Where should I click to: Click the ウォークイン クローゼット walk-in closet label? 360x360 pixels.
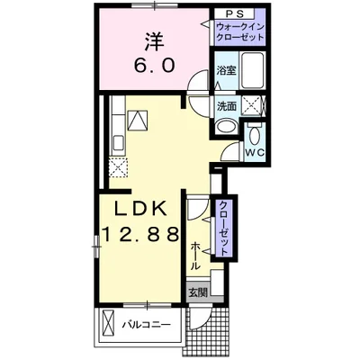click(239, 34)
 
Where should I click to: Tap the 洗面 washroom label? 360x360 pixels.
click(226, 105)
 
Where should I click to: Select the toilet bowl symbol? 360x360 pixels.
click(255, 136)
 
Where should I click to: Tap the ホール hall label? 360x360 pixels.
click(195, 256)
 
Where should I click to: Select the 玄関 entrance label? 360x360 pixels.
click(197, 292)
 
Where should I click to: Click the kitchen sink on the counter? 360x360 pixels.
click(138, 120)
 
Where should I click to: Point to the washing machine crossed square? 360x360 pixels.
click(252, 106)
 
